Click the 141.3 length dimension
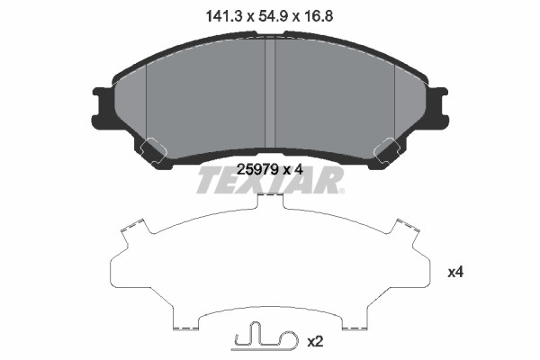click(x=225, y=16)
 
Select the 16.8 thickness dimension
click(x=319, y=16)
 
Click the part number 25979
click(x=258, y=169)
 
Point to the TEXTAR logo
click(x=270, y=180)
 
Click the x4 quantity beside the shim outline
click(x=455, y=273)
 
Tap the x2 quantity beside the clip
click(x=315, y=342)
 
